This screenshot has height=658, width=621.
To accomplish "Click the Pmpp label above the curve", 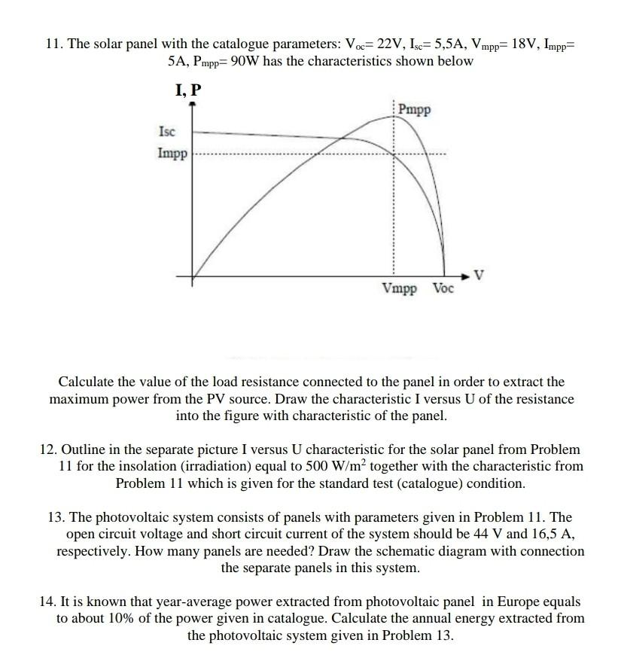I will tap(415, 110).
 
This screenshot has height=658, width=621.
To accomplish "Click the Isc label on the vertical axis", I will tap(166, 132).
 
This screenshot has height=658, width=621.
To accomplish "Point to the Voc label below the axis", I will tap(443, 288).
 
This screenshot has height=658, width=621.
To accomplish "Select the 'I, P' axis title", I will tap(188, 90).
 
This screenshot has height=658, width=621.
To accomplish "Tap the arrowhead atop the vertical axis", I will tap(192, 106).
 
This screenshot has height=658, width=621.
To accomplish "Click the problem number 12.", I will tap(48, 449).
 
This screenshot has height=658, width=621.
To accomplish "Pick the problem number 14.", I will tap(48, 602).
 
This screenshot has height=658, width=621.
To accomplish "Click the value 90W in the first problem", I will tap(245, 60).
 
